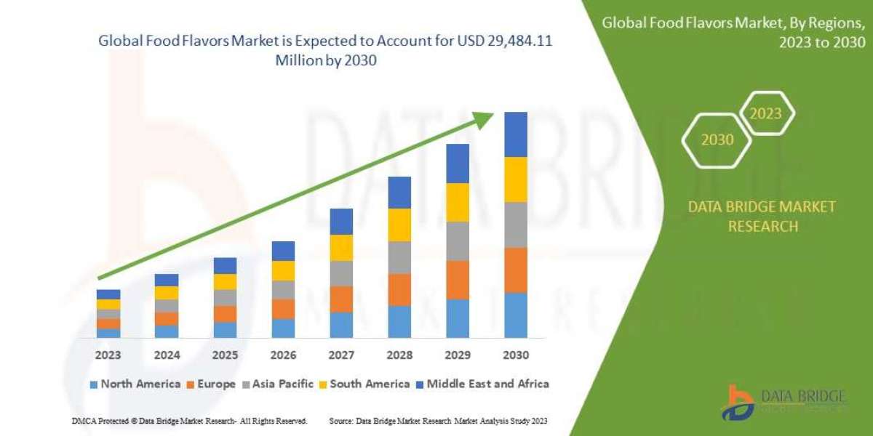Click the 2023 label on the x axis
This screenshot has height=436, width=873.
tap(108, 356)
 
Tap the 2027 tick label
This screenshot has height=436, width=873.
tap(341, 356)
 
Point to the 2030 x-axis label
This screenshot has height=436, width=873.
tap(515, 356)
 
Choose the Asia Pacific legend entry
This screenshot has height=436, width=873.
tap(280, 384)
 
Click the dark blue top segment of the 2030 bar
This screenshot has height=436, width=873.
tap(515, 134)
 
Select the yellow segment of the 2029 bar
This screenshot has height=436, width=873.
tap(458, 202)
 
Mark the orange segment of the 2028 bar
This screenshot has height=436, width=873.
tap(399, 289)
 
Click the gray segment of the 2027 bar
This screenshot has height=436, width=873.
tap(341, 273)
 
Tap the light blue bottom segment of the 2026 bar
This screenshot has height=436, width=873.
tap(283, 328)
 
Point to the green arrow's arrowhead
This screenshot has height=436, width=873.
tap(489, 118)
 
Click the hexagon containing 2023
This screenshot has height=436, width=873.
tap(766, 113)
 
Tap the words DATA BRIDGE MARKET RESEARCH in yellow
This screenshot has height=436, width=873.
tap(762, 217)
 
